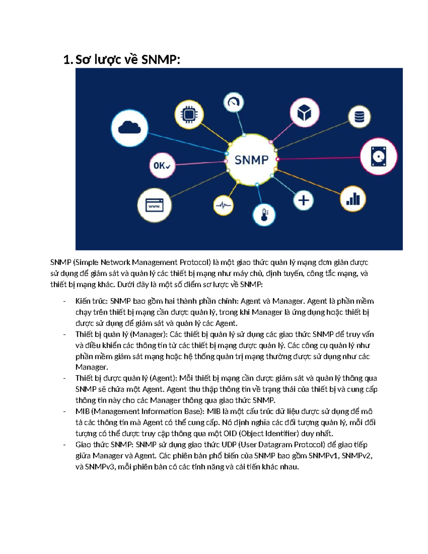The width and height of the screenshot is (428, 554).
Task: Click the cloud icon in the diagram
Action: tap(129, 127)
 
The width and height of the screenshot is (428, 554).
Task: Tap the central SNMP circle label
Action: tap(251, 160)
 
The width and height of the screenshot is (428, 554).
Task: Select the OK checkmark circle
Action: tap(162, 166)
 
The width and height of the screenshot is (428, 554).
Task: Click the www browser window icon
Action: tap(154, 206)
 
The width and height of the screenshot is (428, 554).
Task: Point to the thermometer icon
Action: tap(264, 215)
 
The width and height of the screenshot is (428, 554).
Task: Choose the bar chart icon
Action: tap(353, 199)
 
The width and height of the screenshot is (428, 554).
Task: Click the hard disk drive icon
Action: tap(378, 156)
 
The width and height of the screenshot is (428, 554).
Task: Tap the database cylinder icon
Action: tap(359, 117)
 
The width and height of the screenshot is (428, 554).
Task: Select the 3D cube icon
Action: tap(304, 113)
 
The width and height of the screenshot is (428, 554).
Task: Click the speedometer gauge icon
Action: tap(234, 103)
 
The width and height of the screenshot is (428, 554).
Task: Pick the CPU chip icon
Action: tap(189, 115)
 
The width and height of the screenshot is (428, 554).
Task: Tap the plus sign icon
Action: tap(304, 200)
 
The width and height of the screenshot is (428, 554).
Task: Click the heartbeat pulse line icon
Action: tap(223, 205)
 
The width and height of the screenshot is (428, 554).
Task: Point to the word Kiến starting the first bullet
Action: tap(83, 301)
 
